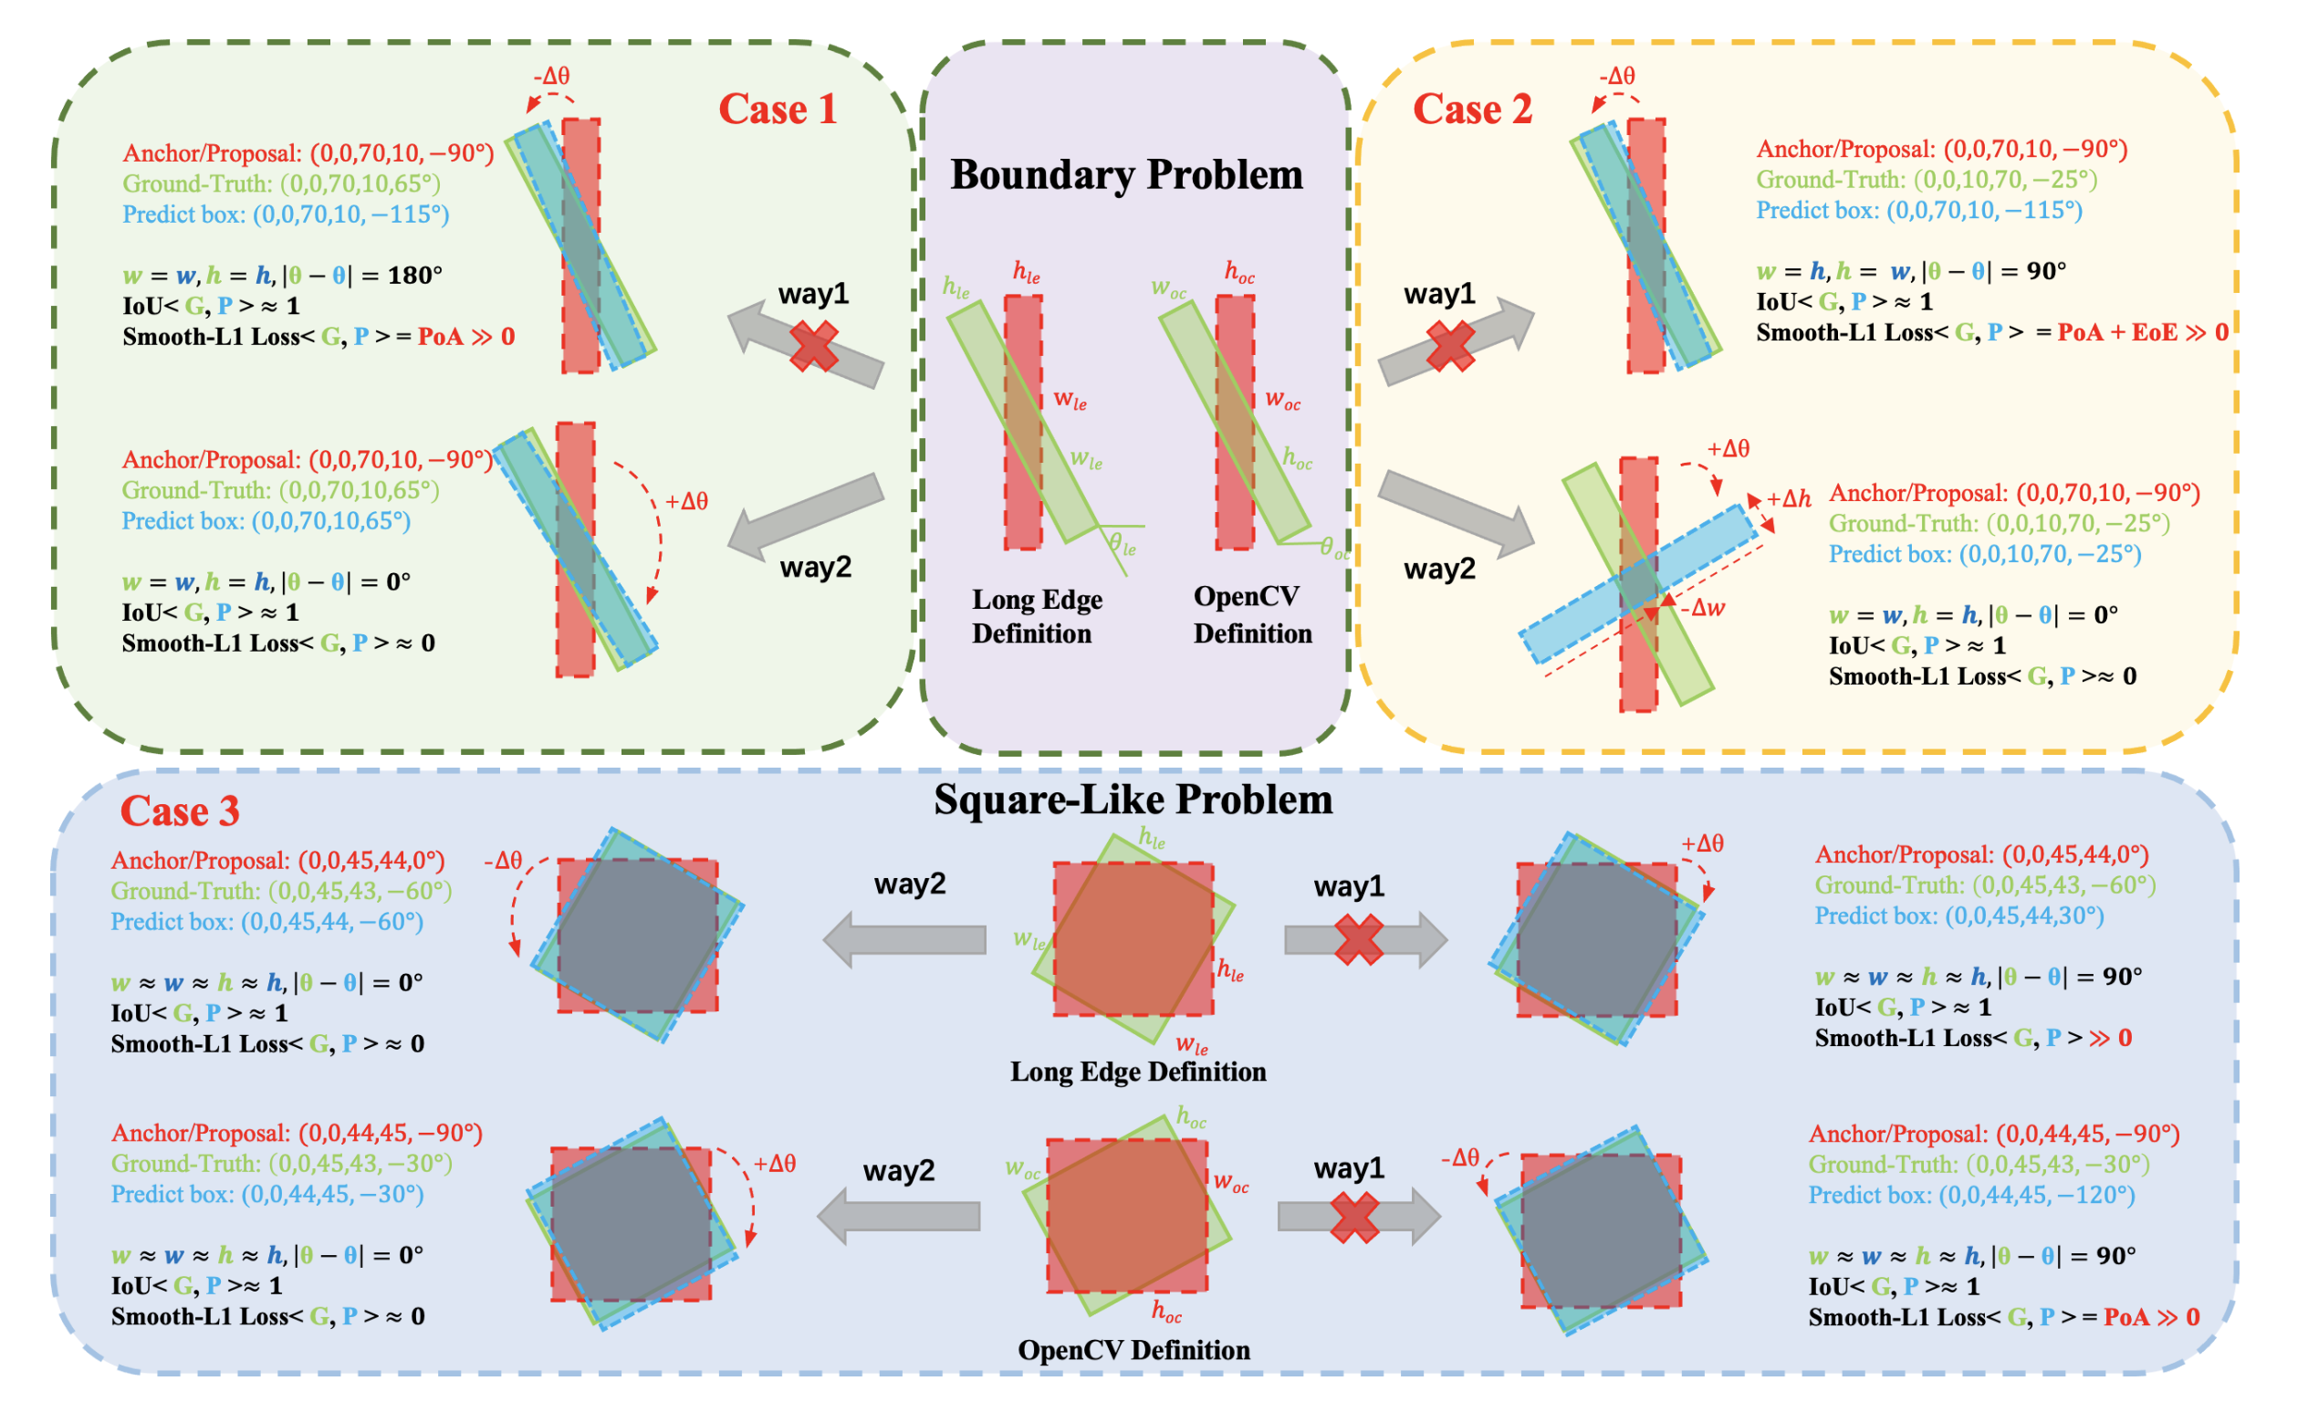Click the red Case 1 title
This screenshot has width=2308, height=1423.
(x=778, y=110)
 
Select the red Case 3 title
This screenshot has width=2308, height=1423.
(x=180, y=811)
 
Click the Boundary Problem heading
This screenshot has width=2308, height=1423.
(x=1126, y=175)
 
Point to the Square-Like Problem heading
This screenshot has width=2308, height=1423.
(x=1133, y=800)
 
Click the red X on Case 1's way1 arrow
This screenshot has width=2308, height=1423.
(x=814, y=345)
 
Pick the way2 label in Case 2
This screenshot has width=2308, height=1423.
(x=1438, y=569)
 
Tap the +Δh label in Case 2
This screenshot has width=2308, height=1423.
(x=1788, y=498)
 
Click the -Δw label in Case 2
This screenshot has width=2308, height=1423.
(x=1704, y=608)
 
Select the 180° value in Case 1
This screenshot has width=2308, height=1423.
(x=415, y=276)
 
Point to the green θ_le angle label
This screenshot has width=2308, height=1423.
(x=1122, y=545)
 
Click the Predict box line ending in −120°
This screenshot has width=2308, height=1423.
(x=1971, y=1195)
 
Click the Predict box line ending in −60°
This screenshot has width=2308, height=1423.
(x=267, y=921)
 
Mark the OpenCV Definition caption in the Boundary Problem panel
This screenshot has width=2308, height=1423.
(x=1251, y=614)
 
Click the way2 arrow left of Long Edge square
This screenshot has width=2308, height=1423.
(x=904, y=939)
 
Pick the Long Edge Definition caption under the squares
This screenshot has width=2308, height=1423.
(x=1137, y=1072)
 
